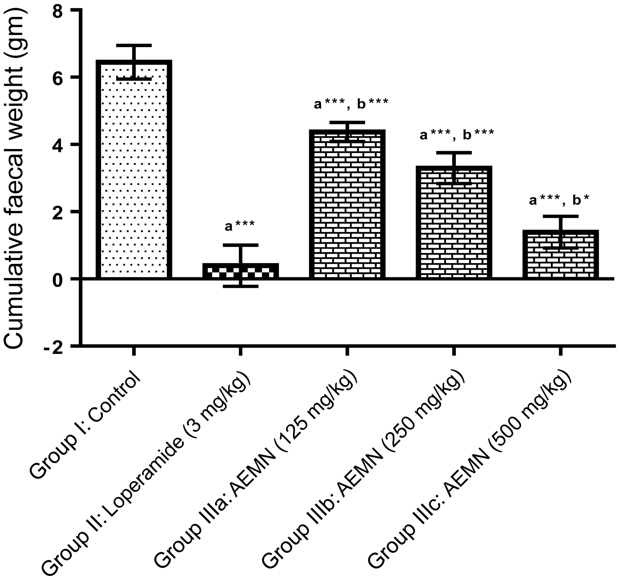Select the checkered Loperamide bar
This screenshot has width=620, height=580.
click(240, 271)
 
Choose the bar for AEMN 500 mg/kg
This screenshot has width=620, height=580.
click(560, 254)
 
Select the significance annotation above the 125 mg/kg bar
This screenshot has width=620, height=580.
click(351, 104)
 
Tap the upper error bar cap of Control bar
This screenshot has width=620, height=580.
click(134, 46)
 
